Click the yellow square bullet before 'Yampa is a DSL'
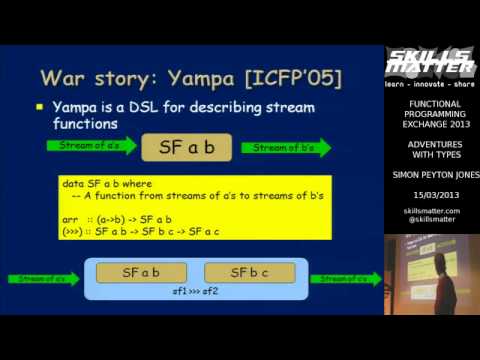[x=41, y=107]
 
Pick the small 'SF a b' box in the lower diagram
[x=140, y=272]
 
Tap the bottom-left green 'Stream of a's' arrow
[x=42, y=279]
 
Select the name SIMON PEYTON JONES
[x=432, y=174]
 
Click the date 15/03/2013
[x=431, y=194]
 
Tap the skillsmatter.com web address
[x=432, y=211]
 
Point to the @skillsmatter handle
[x=432, y=219]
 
